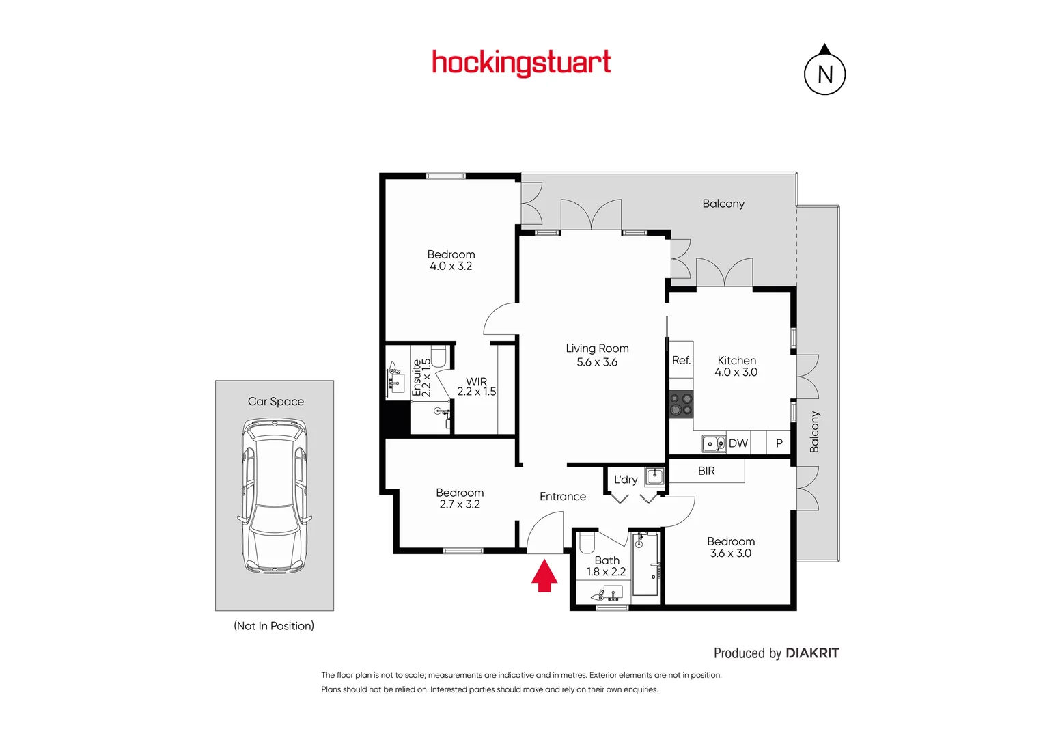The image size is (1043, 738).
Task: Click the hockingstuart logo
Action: pyautogui.click(x=521, y=63)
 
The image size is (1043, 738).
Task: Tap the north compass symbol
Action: pyautogui.click(x=824, y=72)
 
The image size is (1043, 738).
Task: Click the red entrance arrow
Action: pyautogui.click(x=544, y=576)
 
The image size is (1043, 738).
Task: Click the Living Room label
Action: pyautogui.click(x=597, y=348)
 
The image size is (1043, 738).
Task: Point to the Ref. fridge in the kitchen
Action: pyautogui.click(x=681, y=360)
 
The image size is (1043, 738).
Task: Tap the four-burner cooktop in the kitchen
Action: pyautogui.click(x=681, y=404)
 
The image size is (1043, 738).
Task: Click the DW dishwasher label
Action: pyautogui.click(x=738, y=443)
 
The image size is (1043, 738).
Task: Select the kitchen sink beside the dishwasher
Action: pyautogui.click(x=714, y=444)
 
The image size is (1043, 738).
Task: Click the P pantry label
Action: pyautogui.click(x=779, y=443)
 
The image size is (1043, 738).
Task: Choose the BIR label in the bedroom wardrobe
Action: pyautogui.click(x=706, y=471)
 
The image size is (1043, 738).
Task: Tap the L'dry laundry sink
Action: pyautogui.click(x=654, y=476)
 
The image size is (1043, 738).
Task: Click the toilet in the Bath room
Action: pyautogui.click(x=587, y=543)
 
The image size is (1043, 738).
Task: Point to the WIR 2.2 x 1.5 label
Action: pyautogui.click(x=477, y=387)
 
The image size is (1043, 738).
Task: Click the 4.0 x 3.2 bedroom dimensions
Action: pyautogui.click(x=451, y=266)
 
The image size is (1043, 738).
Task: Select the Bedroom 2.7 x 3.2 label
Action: pyautogui.click(x=460, y=498)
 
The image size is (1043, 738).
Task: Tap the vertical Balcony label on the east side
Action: pyautogui.click(x=814, y=432)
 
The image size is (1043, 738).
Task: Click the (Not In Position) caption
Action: pyautogui.click(x=274, y=626)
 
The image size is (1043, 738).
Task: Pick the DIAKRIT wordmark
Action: pyautogui.click(x=812, y=653)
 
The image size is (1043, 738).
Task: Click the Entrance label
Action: pyautogui.click(x=563, y=497)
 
